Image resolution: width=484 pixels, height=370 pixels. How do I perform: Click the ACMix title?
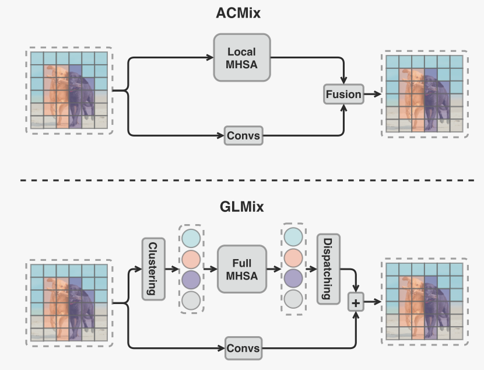click(x=241, y=13)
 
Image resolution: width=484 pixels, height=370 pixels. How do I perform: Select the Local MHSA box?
click(x=241, y=57)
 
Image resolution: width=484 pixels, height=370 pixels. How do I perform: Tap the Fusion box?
click(x=343, y=94)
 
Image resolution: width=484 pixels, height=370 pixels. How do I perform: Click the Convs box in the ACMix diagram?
click(x=244, y=136)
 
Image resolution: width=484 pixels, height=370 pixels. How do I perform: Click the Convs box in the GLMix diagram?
click(x=244, y=349)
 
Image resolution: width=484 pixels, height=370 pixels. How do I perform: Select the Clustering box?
click(x=151, y=268)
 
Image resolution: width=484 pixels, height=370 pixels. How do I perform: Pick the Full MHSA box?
click(x=241, y=269)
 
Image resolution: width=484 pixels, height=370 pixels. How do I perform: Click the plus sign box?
click(x=355, y=302)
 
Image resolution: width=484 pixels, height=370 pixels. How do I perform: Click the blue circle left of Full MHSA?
click(x=191, y=238)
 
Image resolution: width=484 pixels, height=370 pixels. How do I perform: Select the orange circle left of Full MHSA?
click(x=191, y=259)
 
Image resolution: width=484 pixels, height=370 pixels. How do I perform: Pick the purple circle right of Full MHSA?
click(x=293, y=279)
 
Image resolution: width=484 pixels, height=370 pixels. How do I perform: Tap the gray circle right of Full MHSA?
click(x=293, y=299)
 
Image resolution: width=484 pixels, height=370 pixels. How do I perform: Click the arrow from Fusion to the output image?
click(x=371, y=94)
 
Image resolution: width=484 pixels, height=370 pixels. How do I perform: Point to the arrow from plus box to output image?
click(x=371, y=302)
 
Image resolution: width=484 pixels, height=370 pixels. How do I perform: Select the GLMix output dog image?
click(x=424, y=302)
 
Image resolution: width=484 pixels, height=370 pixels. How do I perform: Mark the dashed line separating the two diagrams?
click(x=241, y=180)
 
